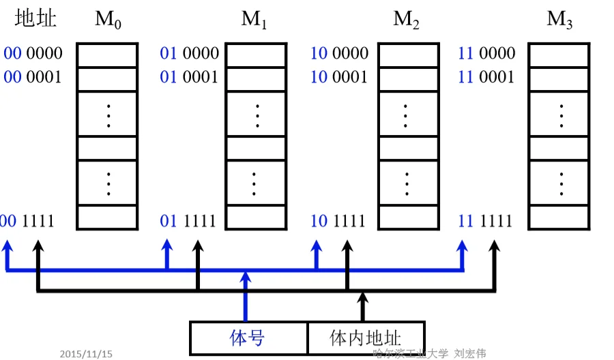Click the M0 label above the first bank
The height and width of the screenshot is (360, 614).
pos(107,20)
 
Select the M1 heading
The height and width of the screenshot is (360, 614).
pos(254,20)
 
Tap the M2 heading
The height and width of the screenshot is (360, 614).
pos(406,20)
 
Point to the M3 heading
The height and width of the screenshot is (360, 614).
pos(559,20)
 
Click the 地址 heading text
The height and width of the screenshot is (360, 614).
pos(35,19)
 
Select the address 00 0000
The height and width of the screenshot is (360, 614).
pos(33,53)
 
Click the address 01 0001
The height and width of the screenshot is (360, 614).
pos(189,76)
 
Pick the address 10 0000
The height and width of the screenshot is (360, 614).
pos(339,53)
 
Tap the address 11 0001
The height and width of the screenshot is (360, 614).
pos(486,76)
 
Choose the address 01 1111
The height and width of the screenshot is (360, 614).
pos(188,221)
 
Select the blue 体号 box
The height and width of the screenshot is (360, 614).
pos(248,337)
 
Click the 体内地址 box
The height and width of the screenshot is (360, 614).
pos(366,337)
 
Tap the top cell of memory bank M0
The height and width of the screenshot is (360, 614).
pos(106,55)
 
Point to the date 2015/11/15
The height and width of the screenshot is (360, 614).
pos(86,354)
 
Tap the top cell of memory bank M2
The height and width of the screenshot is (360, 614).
pos(407,55)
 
